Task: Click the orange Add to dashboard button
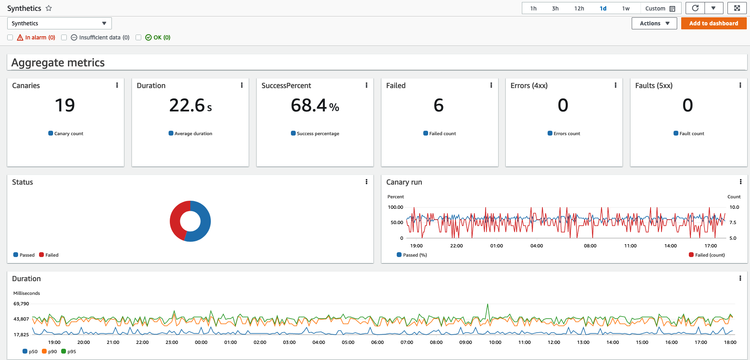coord(714,23)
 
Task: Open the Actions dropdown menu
coord(654,23)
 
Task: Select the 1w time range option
coord(626,8)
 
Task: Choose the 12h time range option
coord(579,8)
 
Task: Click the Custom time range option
coord(660,8)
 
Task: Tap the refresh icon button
coord(695,8)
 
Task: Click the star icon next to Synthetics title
coord(49,8)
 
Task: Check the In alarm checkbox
coord(10,37)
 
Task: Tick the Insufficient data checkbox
coord(64,37)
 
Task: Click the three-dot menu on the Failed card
coord(491,85)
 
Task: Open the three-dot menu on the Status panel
coord(366,182)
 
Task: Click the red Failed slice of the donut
coord(176,221)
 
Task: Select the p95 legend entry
coord(69,352)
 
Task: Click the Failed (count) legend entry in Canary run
coord(707,255)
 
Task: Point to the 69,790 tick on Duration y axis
coord(21,304)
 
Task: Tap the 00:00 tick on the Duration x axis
coord(201,342)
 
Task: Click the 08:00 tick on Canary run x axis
coord(590,246)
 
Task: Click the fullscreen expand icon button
coord(737,8)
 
